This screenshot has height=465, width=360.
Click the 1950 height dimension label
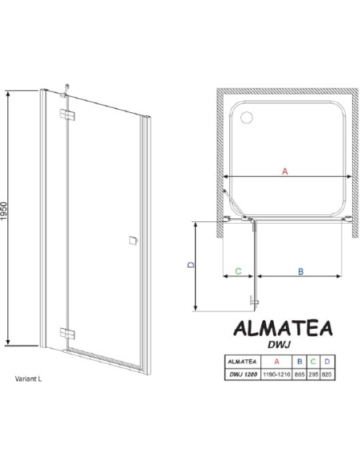[3, 211]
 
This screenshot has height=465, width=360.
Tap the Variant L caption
[28, 379]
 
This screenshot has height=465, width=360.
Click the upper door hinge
[68, 115]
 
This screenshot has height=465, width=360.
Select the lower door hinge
[68, 334]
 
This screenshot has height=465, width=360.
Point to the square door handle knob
[133, 240]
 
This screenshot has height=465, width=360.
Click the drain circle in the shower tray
[246, 117]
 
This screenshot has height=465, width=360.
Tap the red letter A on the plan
[285, 171]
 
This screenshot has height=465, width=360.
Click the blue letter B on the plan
[300, 272]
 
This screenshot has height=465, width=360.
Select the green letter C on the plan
[238, 271]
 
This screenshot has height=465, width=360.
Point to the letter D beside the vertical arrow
[192, 264]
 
